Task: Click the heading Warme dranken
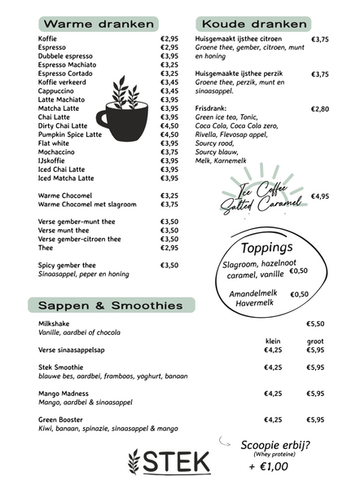(87, 24)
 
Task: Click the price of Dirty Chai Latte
(169, 126)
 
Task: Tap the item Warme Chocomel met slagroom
(87, 205)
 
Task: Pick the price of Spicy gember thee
(169, 265)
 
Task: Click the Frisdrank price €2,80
(320, 108)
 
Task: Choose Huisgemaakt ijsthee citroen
(239, 38)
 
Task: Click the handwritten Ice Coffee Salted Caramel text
(262, 196)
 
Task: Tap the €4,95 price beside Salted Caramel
(320, 196)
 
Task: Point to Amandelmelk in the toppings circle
(255, 293)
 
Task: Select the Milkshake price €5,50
(315, 324)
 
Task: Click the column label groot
(315, 341)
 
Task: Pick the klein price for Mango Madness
(273, 394)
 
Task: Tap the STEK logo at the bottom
(169, 461)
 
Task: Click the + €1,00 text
(269, 467)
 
